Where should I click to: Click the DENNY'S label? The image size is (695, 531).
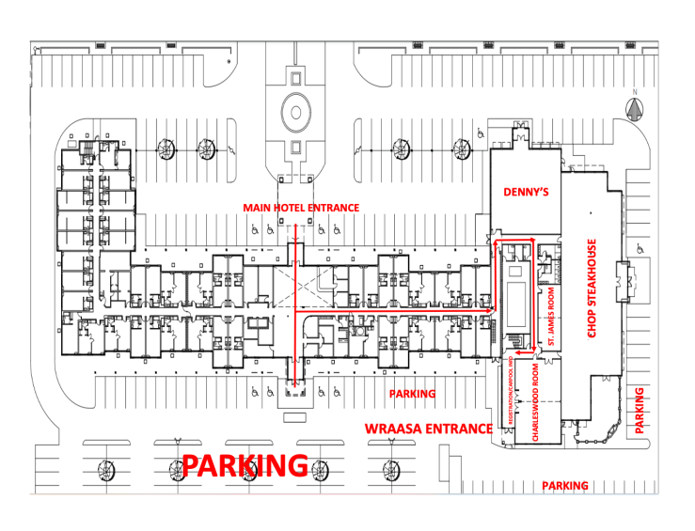coord(525,192)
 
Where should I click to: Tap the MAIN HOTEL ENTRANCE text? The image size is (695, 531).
coord(301,208)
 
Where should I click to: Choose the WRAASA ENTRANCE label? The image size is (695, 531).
coord(428,429)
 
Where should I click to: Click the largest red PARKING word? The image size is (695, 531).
coord(245,465)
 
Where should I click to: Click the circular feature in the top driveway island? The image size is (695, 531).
coord(295,113)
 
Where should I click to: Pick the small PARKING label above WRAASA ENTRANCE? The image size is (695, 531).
coord(412,394)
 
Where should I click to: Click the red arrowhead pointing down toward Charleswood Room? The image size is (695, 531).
coord(533,349)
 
